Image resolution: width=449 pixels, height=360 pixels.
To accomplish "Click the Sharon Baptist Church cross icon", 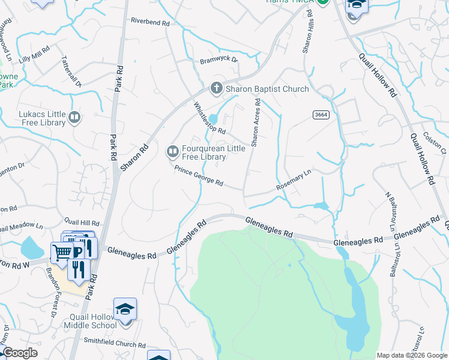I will click(x=216, y=89).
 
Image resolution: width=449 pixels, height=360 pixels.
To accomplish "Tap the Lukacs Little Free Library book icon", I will click(x=74, y=118).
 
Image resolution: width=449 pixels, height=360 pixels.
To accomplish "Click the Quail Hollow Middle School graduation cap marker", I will click(x=125, y=310).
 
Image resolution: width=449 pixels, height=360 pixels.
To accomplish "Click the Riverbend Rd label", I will click(x=150, y=21).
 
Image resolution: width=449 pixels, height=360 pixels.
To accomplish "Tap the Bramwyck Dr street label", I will click(x=219, y=60).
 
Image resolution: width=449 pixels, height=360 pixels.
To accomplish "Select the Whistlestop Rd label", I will click(x=209, y=118).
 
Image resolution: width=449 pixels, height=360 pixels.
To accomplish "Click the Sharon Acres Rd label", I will click(x=256, y=123).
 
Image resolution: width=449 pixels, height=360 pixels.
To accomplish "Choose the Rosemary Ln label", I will click(x=294, y=179).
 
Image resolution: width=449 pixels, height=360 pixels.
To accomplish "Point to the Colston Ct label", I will click(x=435, y=143).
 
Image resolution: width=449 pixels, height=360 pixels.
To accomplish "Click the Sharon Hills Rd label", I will click(x=308, y=38).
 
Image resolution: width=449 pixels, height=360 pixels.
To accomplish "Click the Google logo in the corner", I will click(x=20, y=353).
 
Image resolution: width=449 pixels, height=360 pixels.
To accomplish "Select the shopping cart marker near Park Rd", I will click(x=61, y=253).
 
